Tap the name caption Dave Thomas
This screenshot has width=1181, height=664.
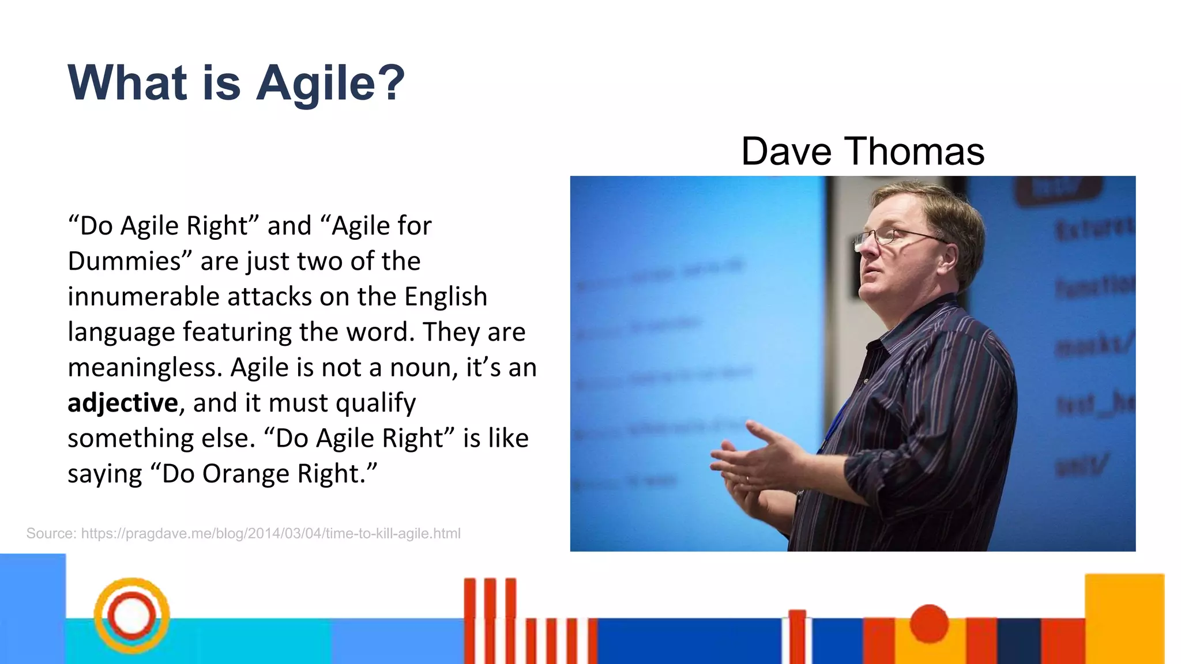tap(862, 151)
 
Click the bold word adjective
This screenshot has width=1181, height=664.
tap(122, 403)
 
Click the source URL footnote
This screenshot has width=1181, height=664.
tap(243, 533)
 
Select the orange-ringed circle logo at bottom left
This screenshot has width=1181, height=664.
tap(131, 616)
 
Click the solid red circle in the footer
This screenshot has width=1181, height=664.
tap(929, 623)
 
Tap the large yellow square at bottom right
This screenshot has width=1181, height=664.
tap(1124, 617)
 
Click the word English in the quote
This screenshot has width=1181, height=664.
tap(445, 297)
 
